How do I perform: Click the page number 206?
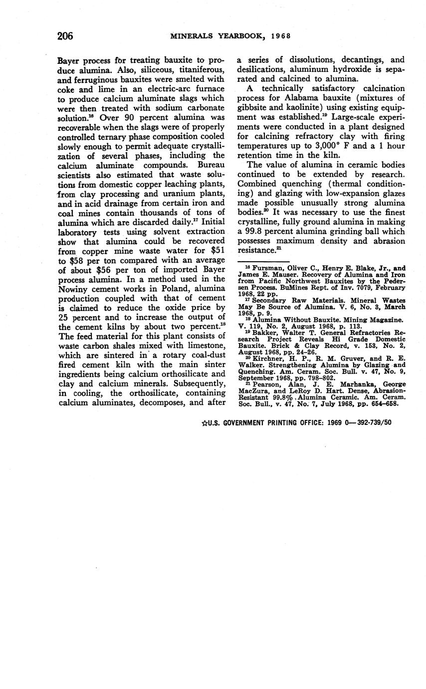point(65,35)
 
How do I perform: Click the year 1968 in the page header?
point(280,36)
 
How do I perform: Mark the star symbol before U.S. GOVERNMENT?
point(204,422)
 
